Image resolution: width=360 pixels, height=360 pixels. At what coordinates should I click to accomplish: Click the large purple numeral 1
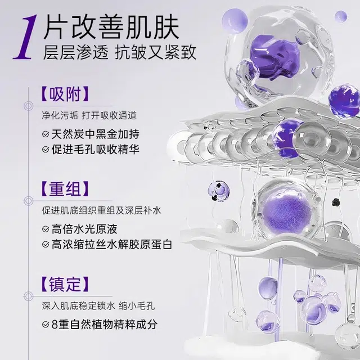[25, 37]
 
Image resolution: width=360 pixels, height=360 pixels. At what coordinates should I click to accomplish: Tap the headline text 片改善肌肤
[111, 27]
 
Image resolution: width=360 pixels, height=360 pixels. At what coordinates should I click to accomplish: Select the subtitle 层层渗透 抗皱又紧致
[120, 52]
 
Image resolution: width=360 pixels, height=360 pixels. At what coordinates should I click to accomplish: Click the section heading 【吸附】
[65, 94]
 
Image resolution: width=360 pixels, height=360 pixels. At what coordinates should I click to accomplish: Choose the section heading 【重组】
[65, 189]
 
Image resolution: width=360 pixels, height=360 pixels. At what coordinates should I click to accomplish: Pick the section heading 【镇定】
[65, 284]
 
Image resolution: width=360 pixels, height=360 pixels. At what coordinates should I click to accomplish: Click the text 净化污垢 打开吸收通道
[89, 115]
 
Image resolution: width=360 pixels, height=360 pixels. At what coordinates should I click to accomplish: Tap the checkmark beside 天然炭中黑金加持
[46, 134]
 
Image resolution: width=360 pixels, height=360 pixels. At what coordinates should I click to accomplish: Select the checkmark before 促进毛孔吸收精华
[46, 150]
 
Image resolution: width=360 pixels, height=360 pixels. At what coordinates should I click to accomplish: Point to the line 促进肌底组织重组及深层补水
[102, 210]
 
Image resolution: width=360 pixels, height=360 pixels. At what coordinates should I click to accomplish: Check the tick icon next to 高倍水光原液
[46, 229]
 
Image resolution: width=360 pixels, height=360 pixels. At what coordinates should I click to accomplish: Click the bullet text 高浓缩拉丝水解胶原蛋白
[112, 244]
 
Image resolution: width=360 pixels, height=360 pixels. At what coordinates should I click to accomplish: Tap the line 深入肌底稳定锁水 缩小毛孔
[98, 306]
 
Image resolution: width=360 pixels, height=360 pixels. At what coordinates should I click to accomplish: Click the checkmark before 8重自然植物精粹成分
[46, 325]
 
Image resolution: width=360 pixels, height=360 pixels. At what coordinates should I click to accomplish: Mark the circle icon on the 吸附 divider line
[28, 106]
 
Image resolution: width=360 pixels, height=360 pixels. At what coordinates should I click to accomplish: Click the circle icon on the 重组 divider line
[28, 201]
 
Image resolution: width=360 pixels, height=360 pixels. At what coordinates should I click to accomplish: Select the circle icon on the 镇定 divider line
[28, 296]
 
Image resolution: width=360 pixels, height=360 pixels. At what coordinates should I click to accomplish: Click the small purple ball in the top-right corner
[341, 16]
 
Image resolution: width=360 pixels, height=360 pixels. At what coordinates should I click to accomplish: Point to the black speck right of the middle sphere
[336, 202]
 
